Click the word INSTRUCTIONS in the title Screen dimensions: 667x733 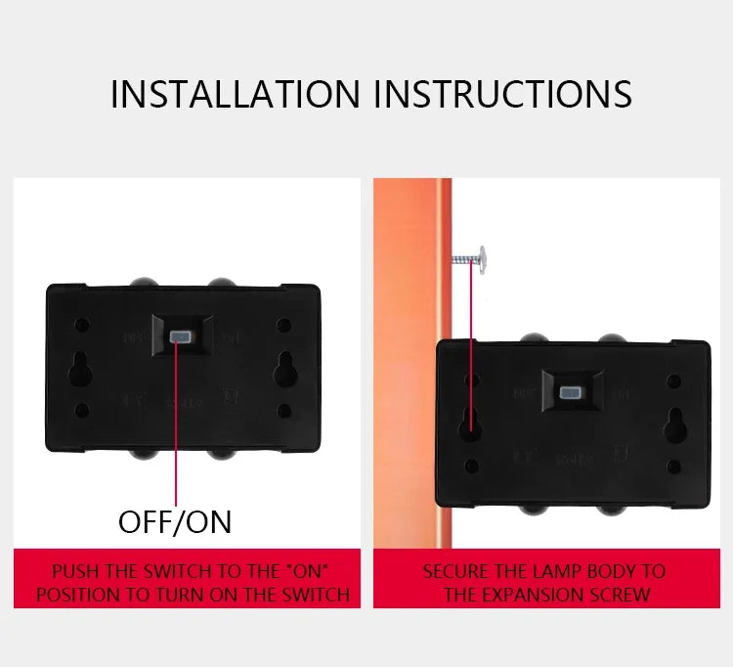coord(502,95)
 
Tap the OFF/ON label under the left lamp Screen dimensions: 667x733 coord(175,521)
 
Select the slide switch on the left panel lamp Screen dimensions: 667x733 coord(179,336)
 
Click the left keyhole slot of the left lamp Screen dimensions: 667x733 coord(81,369)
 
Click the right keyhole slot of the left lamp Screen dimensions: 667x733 coord(285,369)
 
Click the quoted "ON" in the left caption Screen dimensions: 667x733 coord(304,571)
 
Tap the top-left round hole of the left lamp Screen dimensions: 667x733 coord(82,324)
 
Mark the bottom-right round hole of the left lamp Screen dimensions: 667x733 coord(284,411)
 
